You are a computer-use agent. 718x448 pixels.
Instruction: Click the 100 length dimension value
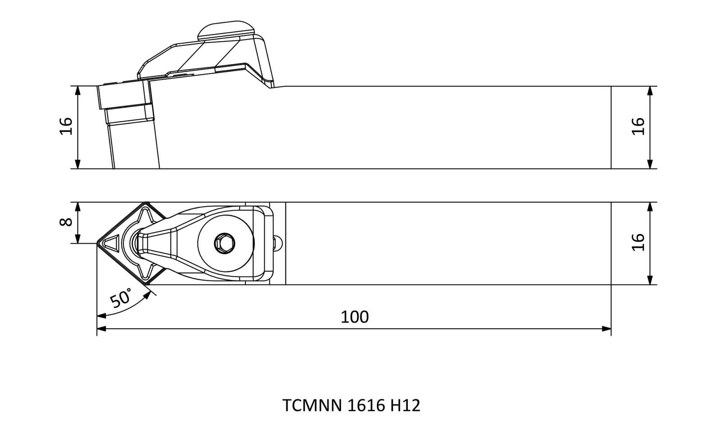(355, 317)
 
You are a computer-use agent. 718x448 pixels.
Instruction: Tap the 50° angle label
(121, 298)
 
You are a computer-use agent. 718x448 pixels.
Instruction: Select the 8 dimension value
(66, 222)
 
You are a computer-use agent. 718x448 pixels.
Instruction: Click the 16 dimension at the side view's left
(66, 126)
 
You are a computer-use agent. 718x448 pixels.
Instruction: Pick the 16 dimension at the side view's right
(638, 126)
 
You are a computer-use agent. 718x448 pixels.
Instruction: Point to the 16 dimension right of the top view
(638, 242)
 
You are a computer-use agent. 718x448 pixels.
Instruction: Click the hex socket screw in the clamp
(224, 243)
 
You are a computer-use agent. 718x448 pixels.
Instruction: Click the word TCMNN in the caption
(312, 405)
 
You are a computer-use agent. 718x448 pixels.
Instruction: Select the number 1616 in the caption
(366, 405)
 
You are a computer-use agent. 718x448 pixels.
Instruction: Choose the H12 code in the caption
(405, 405)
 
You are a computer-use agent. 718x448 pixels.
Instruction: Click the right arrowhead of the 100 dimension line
(606, 329)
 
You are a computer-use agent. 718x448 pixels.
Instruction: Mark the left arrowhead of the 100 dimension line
(101, 329)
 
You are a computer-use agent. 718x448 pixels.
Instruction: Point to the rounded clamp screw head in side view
(226, 31)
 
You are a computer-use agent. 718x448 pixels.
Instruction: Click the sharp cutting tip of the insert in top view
(97, 243)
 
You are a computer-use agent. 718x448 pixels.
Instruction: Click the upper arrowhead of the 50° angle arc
(147, 295)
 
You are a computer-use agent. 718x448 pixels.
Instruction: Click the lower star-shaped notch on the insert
(145, 269)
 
